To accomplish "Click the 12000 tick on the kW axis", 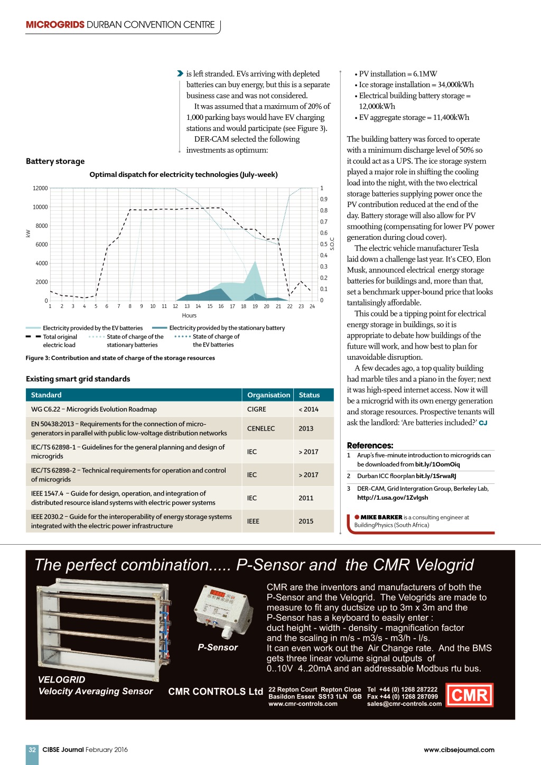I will pyautogui.click(x=40, y=188).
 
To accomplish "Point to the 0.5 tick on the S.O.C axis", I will pyautogui.click(x=323, y=244).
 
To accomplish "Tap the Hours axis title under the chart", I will pyautogui.click(x=189, y=315).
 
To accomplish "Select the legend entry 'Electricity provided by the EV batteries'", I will pyautogui.click(x=92, y=328).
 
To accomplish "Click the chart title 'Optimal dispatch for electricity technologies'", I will pyautogui.click(x=183, y=175).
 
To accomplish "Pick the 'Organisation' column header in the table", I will pyautogui.click(x=268, y=395).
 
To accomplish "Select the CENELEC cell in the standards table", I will pyautogui.click(x=261, y=428).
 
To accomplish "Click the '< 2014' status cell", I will pyautogui.click(x=309, y=409).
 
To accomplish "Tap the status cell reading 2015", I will pyautogui.click(x=306, y=521).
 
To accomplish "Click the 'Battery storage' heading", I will pyautogui.click(x=55, y=161).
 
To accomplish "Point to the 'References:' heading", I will pyautogui.click(x=370, y=445).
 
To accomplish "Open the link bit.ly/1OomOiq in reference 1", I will pyautogui.click(x=437, y=464).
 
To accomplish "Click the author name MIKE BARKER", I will pyautogui.click(x=381, y=517).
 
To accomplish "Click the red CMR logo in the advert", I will pyautogui.click(x=470, y=695).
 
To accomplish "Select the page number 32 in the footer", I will pyautogui.click(x=32, y=750).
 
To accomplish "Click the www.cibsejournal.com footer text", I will pyautogui.click(x=459, y=750).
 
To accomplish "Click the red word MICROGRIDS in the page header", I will pyautogui.click(x=55, y=25).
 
